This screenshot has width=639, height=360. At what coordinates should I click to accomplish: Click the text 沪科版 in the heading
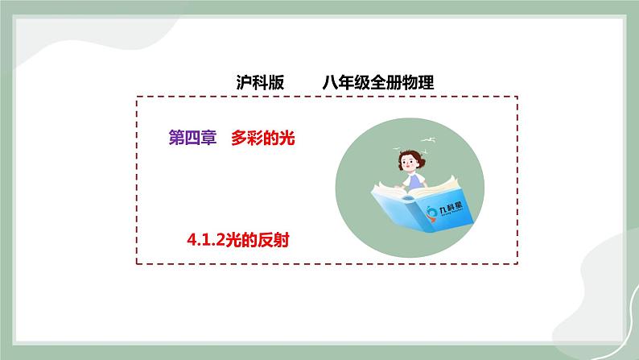(254, 81)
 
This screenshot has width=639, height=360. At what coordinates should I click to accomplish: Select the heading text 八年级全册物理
(377, 81)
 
